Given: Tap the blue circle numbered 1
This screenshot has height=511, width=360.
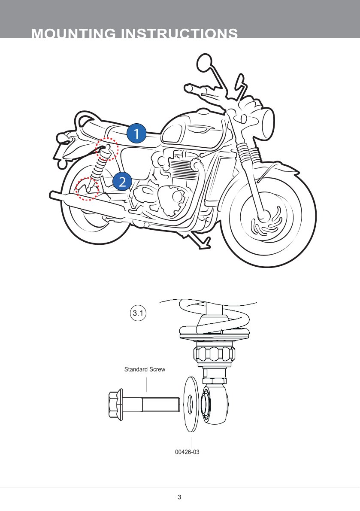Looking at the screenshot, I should [136, 134].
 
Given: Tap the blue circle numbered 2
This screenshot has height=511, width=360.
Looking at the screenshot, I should [122, 182].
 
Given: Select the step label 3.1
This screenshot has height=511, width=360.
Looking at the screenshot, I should [138, 313].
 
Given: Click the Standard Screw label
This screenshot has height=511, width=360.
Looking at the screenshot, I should [145, 369].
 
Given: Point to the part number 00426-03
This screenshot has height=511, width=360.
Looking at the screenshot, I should [188, 452].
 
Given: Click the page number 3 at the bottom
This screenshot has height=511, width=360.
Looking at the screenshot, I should [179, 497].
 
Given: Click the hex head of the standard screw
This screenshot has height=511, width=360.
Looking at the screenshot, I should [114, 404].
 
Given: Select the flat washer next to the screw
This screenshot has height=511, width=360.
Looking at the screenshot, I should [190, 404].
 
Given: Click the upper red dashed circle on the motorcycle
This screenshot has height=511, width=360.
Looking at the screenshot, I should [106, 149].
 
